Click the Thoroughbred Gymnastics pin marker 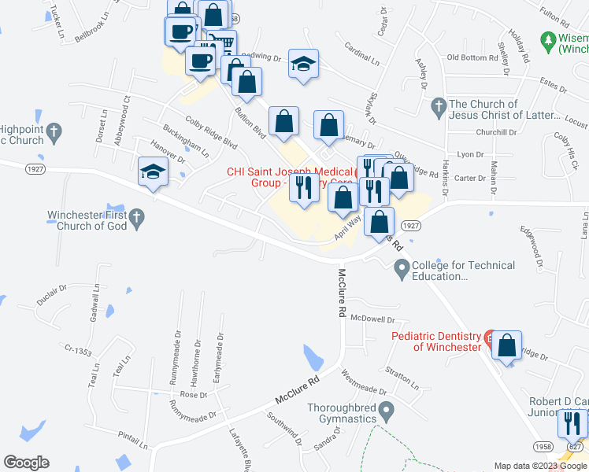(x=386, y=410)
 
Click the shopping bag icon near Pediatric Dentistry (x=506, y=345)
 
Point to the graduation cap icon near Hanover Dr (x=153, y=174)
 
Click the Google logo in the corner (x=26, y=463)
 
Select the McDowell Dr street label (x=372, y=319)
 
